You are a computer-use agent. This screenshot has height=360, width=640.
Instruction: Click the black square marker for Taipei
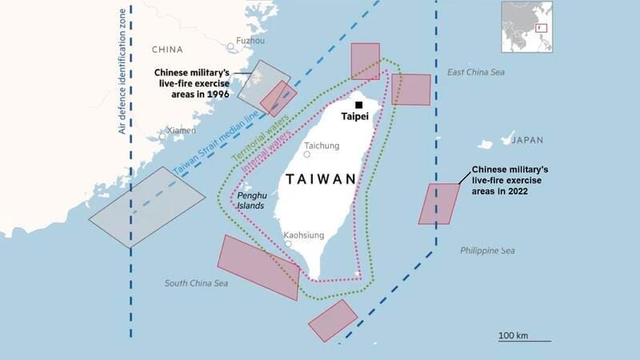(359, 105)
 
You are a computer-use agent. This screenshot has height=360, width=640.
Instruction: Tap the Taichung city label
(322, 146)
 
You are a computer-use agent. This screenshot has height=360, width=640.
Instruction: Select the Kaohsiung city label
(304, 236)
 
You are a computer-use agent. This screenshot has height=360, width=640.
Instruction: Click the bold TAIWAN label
(317, 178)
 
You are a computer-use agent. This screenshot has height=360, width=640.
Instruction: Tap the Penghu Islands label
(250, 200)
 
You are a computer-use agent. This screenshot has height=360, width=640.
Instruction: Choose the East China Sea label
(476, 73)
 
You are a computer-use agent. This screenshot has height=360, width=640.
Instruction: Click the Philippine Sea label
(487, 250)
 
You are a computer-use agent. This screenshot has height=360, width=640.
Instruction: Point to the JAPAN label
(526, 140)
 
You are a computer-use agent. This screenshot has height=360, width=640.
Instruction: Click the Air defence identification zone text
(122, 72)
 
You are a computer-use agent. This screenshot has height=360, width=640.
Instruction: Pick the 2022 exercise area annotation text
(509, 182)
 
